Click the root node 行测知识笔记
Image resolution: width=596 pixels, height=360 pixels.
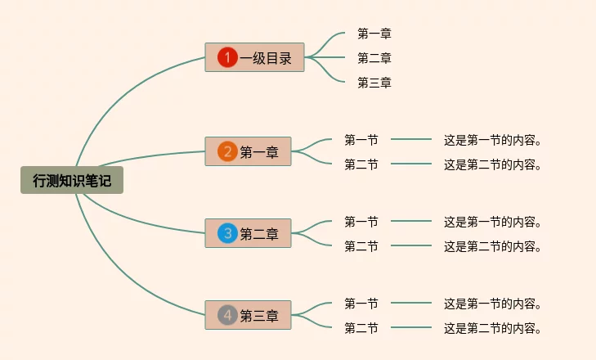(72, 180)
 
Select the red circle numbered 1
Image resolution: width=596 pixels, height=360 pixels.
(227, 57)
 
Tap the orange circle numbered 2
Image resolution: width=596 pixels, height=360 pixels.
(227, 151)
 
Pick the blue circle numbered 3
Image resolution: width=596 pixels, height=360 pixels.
(227, 233)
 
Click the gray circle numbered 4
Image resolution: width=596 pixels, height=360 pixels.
(227, 315)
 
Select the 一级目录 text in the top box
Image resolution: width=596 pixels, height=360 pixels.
(266, 58)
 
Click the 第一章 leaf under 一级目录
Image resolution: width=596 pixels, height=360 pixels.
(374, 34)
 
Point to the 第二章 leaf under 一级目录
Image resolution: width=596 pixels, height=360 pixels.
(374, 58)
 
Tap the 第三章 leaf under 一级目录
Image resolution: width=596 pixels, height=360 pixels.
(374, 83)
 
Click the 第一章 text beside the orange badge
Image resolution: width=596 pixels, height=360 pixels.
(259, 152)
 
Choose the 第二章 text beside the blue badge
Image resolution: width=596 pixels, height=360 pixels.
(259, 234)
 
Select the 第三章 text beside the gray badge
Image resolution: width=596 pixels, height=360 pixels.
(259, 316)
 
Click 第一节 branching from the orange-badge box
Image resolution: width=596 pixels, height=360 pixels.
(361, 140)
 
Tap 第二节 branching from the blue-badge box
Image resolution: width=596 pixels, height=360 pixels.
(361, 246)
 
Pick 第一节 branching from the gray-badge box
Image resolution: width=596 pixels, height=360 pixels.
(361, 304)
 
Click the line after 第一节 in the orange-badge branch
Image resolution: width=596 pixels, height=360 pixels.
(411, 139)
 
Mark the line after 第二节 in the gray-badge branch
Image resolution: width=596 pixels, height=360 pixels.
(411, 327)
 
